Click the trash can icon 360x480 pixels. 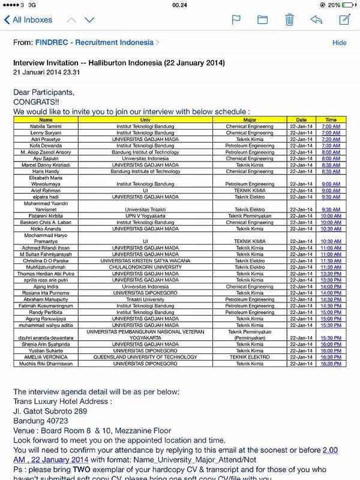289,19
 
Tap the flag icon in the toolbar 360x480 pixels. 236,19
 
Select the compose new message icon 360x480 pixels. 344,19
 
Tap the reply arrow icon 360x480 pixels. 316,19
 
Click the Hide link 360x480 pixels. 340,43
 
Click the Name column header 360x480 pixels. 46,120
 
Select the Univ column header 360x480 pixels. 145,120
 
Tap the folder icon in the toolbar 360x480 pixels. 262,19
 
